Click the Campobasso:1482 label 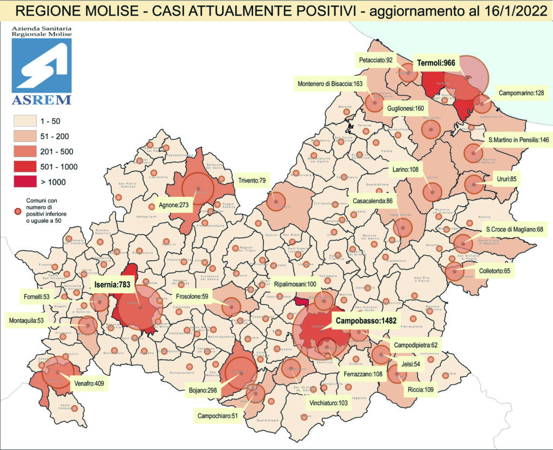(x=366, y=321)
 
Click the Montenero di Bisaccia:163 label (x=330, y=84)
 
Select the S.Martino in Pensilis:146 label (x=518, y=140)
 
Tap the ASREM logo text (x=41, y=100)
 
